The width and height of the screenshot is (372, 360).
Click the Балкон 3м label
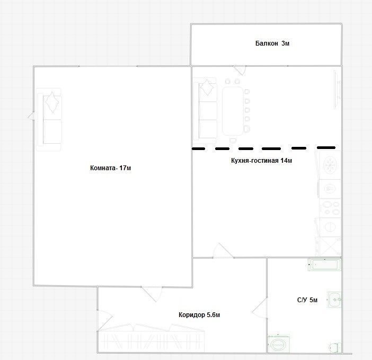(x=272, y=43)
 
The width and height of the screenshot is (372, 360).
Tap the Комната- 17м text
(x=110, y=168)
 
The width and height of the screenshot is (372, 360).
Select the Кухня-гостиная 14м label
(x=261, y=161)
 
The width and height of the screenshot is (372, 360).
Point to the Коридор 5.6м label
(x=199, y=315)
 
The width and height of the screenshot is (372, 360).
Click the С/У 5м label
(x=307, y=300)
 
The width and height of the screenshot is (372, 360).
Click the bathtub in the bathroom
(x=324, y=265)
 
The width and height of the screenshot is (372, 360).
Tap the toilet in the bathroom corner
(x=335, y=348)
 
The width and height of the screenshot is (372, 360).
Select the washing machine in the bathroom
(x=279, y=344)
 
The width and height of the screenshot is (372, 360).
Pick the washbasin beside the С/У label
(x=334, y=300)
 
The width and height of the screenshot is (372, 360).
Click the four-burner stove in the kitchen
(x=330, y=208)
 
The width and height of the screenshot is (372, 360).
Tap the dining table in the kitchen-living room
(x=233, y=111)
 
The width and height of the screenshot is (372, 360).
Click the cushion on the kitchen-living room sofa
(x=207, y=87)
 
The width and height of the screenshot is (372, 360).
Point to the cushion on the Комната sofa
(x=52, y=102)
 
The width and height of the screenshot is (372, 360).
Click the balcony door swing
(x=240, y=70)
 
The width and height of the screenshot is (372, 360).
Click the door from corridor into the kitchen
(x=223, y=251)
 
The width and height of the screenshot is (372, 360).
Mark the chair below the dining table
(x=233, y=141)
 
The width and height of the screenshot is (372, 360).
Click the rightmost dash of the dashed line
(x=326, y=147)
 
